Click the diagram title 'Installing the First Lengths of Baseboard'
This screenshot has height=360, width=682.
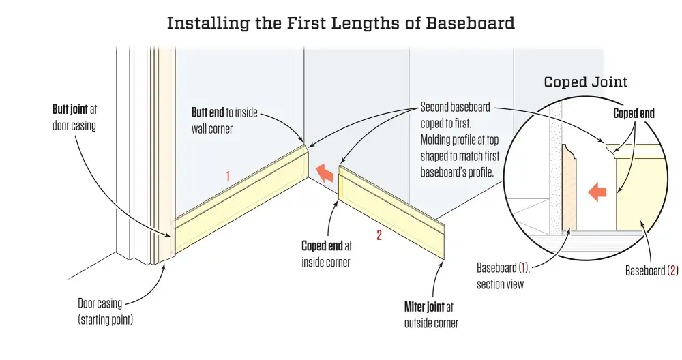(340, 23)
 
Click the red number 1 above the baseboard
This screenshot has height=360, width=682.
(228, 177)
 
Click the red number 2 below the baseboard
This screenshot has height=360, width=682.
(379, 236)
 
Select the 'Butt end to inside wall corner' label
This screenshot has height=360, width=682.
(224, 120)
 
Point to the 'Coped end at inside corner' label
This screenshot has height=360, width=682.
(326, 253)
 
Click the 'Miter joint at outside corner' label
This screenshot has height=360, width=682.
(431, 315)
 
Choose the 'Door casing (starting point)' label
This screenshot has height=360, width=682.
(105, 311)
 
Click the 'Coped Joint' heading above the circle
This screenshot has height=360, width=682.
(586, 82)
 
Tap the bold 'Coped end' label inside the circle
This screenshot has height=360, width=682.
(634, 113)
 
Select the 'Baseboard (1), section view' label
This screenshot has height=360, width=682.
(505, 275)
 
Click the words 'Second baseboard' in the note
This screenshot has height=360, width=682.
(455, 107)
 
